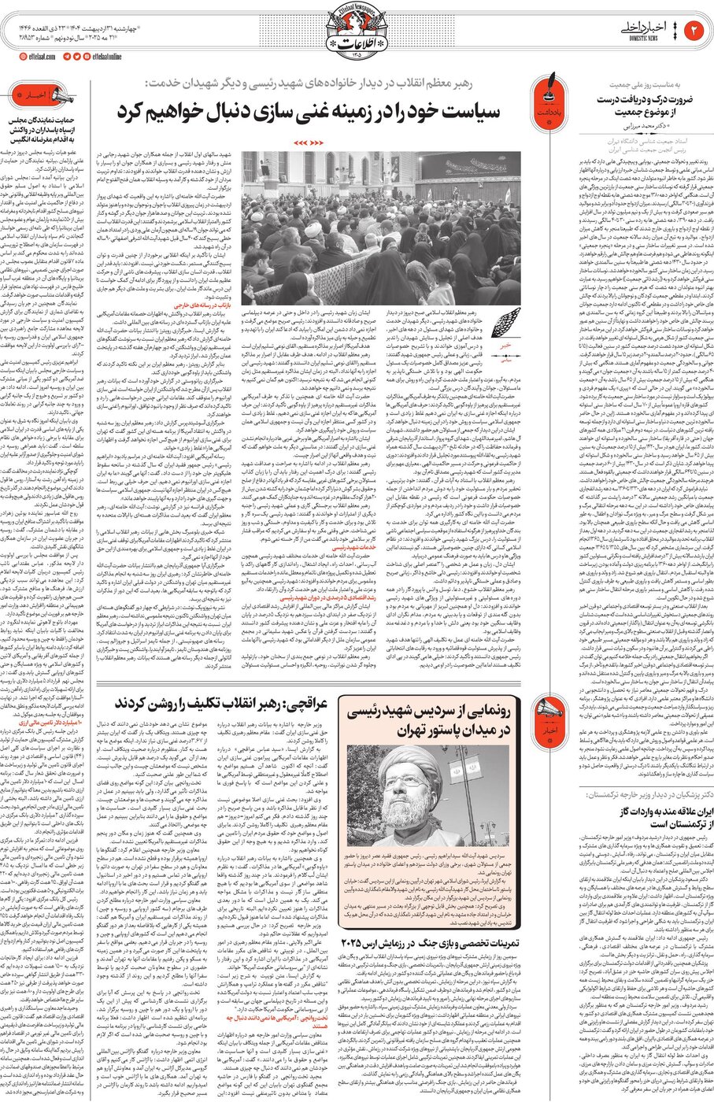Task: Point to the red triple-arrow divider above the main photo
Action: coord(308,142)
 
